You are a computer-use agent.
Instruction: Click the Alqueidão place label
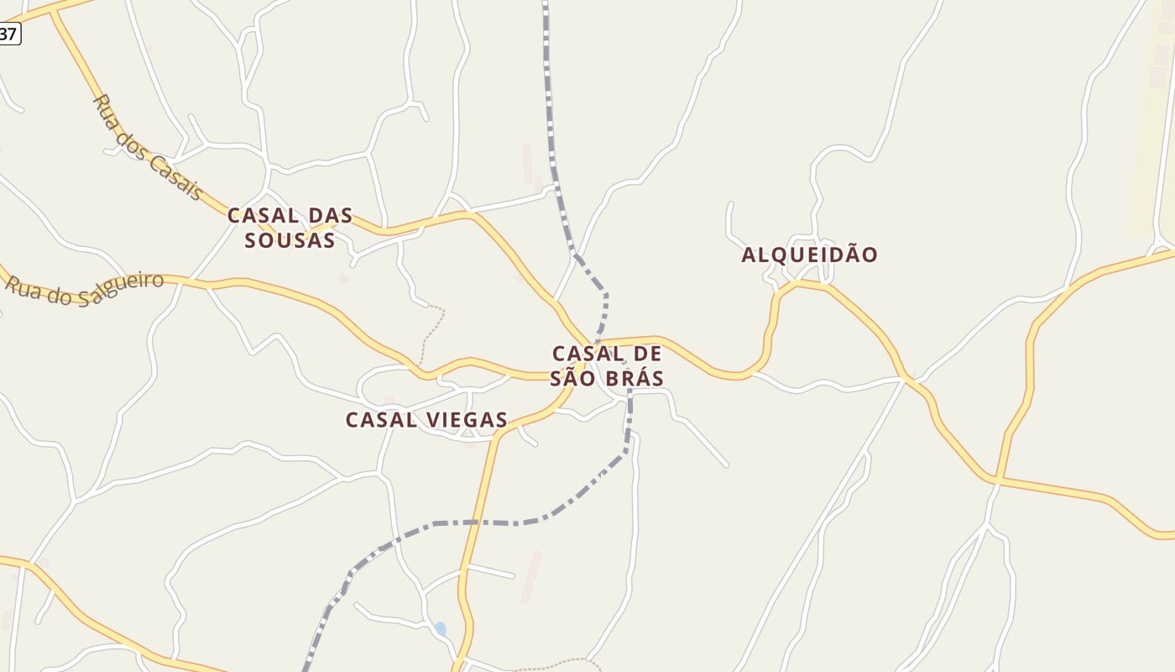[x=809, y=255]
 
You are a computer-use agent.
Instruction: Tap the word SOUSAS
[x=290, y=240]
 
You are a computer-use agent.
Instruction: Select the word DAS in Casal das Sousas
[x=330, y=216]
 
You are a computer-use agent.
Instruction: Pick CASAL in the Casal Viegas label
[x=382, y=420]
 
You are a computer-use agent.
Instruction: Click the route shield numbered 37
[x=8, y=34]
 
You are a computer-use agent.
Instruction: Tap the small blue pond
[x=441, y=628]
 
